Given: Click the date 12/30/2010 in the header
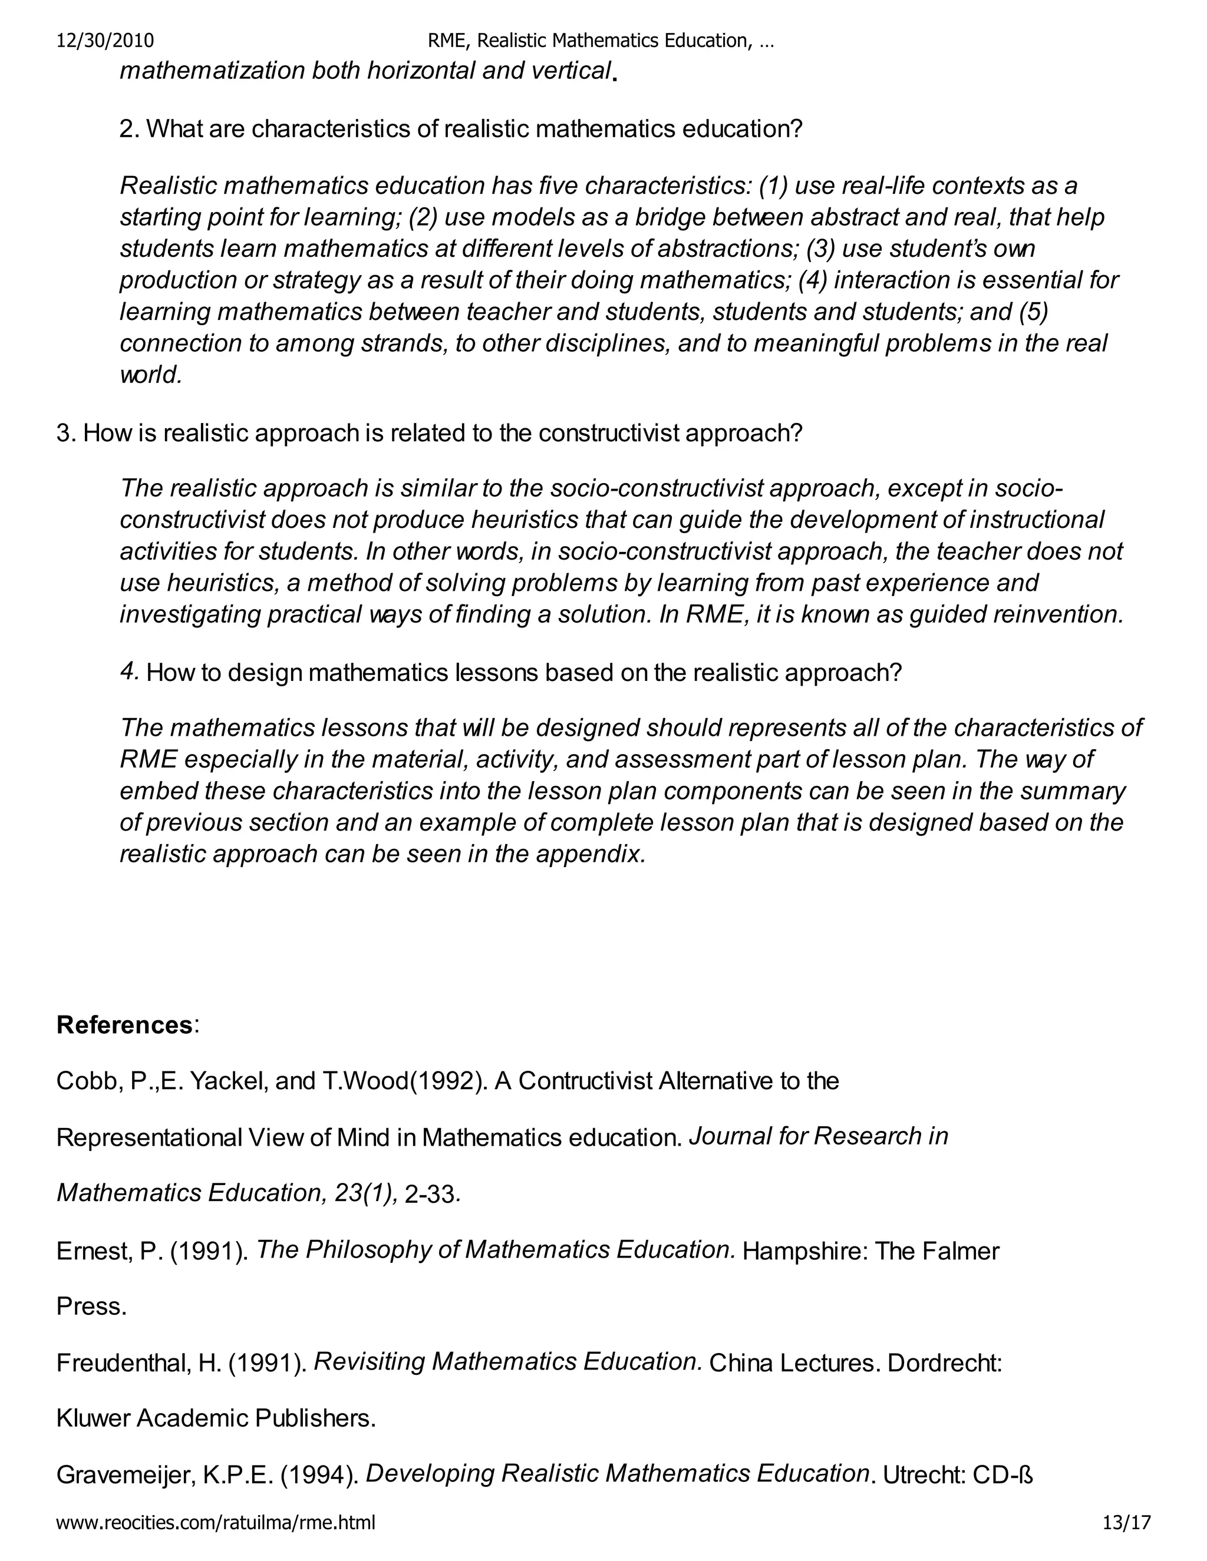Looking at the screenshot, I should pos(105,41).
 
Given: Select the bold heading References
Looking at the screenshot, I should pos(124,1025).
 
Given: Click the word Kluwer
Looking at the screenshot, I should pos(93,1418).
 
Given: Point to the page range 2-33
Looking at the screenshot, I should pos(429,1195).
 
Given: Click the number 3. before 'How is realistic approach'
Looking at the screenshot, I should pos(66,433).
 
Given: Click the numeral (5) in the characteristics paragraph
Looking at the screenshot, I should pos(1034,312).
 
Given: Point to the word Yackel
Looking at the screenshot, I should pos(225,1081).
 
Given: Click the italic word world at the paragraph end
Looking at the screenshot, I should pos(150,375).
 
